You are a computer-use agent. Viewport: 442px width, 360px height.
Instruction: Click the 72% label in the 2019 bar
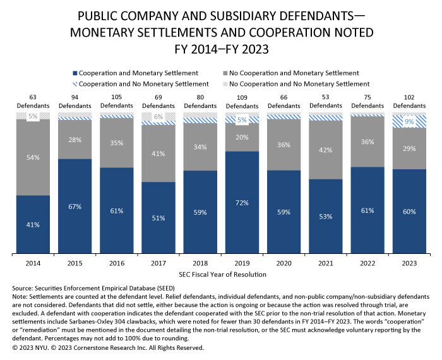coord(242,203)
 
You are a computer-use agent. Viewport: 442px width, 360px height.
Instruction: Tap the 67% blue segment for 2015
coord(75,206)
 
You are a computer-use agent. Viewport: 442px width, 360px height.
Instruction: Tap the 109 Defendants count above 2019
coord(242,102)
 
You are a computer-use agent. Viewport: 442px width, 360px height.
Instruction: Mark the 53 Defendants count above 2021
coord(326,102)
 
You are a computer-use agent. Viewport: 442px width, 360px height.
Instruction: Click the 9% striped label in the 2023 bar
coord(409,121)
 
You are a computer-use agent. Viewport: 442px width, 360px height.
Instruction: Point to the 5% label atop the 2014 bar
coord(33,116)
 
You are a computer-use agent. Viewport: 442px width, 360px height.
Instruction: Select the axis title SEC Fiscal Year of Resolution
coord(221,275)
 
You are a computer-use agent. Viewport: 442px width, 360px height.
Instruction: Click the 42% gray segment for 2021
coord(326,150)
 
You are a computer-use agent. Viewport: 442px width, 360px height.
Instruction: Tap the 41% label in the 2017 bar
coord(158,153)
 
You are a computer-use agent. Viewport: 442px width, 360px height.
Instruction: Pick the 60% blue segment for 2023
coord(409,211)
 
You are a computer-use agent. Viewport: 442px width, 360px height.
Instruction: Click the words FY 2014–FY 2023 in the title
coord(221,46)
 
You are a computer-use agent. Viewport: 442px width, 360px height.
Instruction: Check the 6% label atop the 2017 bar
coord(158,117)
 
